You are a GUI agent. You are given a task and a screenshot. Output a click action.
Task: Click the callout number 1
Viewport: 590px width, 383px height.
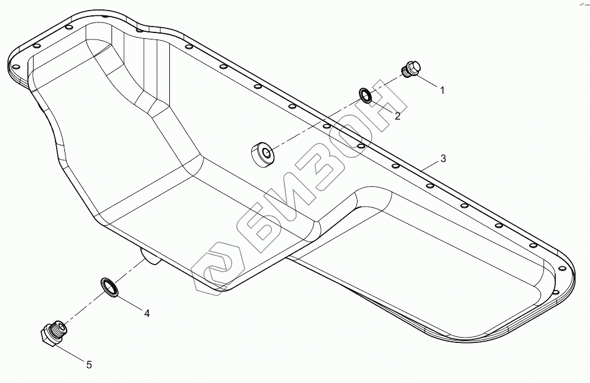coord(441,90)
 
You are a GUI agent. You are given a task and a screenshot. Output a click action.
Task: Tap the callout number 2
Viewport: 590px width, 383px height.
coord(398,116)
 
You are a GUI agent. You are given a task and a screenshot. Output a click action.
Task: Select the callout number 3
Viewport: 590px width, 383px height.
coord(443,159)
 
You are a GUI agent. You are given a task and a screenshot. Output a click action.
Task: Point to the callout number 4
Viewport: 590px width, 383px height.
coord(147,313)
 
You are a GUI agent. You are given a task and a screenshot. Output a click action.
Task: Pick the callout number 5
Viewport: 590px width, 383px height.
coord(89,365)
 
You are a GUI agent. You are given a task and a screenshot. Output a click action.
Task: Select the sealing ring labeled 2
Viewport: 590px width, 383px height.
coord(366,94)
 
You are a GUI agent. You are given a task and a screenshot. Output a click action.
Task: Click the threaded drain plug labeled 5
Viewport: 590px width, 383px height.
coord(53,333)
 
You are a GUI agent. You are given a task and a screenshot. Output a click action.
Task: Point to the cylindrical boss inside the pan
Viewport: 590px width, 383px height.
coord(261,153)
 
